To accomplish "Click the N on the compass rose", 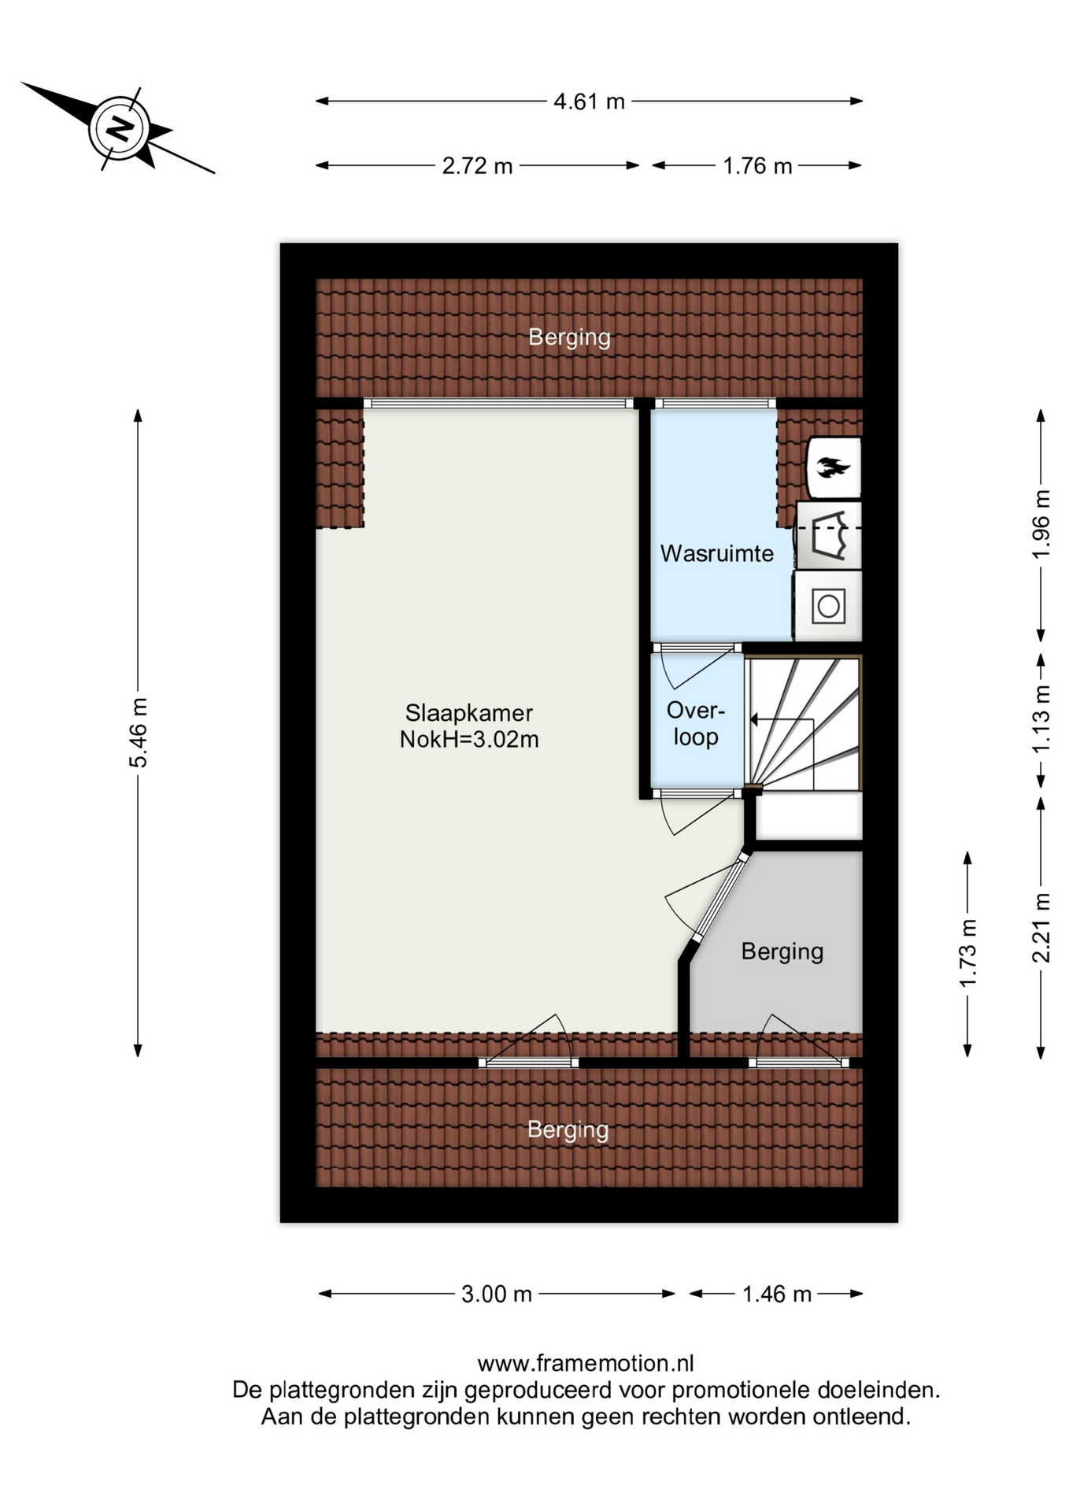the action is (120, 128).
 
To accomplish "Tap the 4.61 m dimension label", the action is (589, 102).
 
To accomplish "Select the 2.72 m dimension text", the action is (477, 166).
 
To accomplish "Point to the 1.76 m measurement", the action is (757, 166).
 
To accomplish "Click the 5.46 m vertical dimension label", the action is (138, 732).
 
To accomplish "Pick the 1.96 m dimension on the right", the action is (1041, 524).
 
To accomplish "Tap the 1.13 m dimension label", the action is (1041, 719).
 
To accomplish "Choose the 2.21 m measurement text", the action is (1041, 928).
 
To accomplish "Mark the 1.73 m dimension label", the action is (967, 953).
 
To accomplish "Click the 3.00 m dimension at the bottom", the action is (497, 1294).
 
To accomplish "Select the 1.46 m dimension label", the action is (777, 1294).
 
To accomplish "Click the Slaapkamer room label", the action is (469, 713).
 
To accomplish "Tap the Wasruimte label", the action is (716, 553).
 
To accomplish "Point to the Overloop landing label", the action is (695, 724).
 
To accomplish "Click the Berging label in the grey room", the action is (782, 952).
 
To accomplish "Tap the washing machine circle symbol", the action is (828, 607).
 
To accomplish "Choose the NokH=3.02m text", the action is (469, 740).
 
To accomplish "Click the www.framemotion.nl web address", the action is (586, 1363).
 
